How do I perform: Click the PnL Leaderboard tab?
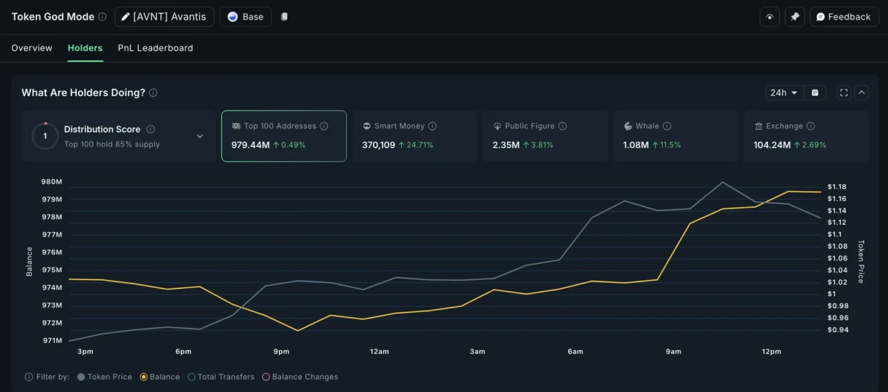click(155, 48)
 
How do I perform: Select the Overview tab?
click(32, 48)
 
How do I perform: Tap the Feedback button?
click(843, 17)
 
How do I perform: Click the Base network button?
click(245, 17)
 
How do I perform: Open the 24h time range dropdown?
click(783, 93)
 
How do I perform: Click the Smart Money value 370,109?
click(379, 145)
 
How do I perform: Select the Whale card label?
click(647, 126)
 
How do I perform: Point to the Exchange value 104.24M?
click(772, 145)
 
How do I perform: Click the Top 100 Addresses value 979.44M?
click(250, 145)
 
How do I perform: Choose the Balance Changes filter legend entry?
click(305, 377)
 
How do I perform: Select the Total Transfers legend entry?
click(225, 377)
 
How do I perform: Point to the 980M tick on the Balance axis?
click(51, 182)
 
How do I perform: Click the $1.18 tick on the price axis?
click(837, 186)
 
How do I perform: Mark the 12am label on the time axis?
click(379, 351)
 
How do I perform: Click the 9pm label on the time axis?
click(282, 351)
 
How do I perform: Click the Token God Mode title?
click(53, 17)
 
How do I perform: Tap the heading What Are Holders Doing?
click(83, 93)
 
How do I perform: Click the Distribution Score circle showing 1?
click(45, 137)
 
